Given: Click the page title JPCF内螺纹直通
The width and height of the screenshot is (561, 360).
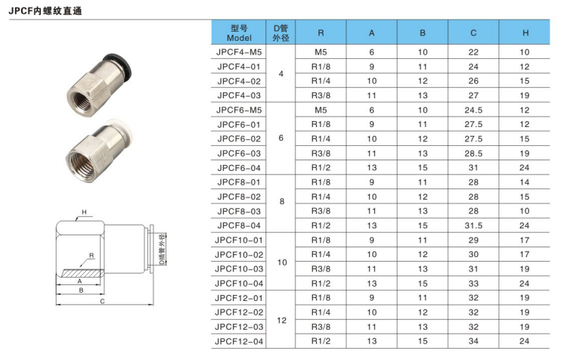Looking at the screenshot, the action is pos(45,11).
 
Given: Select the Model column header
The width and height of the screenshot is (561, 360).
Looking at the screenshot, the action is pos(239,33).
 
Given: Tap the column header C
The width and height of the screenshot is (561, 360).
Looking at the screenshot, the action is pos(473,33).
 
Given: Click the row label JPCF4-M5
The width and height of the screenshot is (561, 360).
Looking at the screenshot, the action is pos(239,52).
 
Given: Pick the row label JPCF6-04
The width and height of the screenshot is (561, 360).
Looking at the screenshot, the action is pos(239,168).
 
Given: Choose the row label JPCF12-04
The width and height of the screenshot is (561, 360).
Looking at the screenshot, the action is pos(239,341).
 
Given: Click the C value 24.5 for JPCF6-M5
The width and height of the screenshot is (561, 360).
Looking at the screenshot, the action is pos(473,110).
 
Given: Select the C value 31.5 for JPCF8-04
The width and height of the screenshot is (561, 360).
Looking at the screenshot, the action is pos(473,226).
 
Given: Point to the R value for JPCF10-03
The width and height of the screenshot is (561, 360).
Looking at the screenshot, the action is pos(321,269).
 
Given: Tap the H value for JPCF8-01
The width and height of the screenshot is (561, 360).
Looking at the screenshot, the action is pos(525,182).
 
